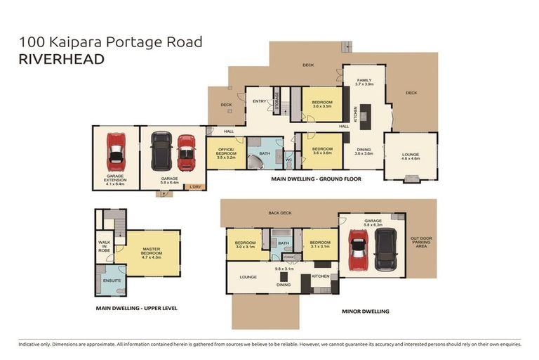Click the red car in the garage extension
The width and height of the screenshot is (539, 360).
tap(115, 152)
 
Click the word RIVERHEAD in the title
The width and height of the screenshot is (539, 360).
tap(62, 59)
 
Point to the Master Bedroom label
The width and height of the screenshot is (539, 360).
tap(152, 252)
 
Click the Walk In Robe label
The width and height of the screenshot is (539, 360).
tap(104, 246)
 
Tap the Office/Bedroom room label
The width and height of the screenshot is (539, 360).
tap(225, 154)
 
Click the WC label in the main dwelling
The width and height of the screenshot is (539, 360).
tap(288, 160)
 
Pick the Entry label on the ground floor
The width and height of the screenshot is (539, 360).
tap(259, 101)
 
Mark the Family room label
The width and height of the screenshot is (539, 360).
tap(364, 82)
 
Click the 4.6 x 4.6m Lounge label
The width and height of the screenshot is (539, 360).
tap(411, 157)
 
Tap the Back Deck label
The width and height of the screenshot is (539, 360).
tap(279, 213)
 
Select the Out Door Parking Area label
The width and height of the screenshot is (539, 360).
tap(422, 243)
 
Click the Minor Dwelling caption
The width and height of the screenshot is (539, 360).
tap(365, 311)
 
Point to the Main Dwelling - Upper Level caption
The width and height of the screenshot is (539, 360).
tap(136, 308)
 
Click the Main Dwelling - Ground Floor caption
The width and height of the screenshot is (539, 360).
tap(316, 179)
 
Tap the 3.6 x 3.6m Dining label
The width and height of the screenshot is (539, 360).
tap(364, 151)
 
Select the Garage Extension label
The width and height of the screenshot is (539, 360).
tap(115, 181)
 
